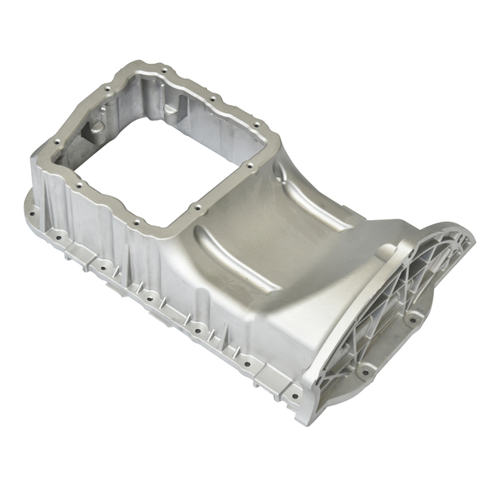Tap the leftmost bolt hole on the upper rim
pos(57,141)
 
